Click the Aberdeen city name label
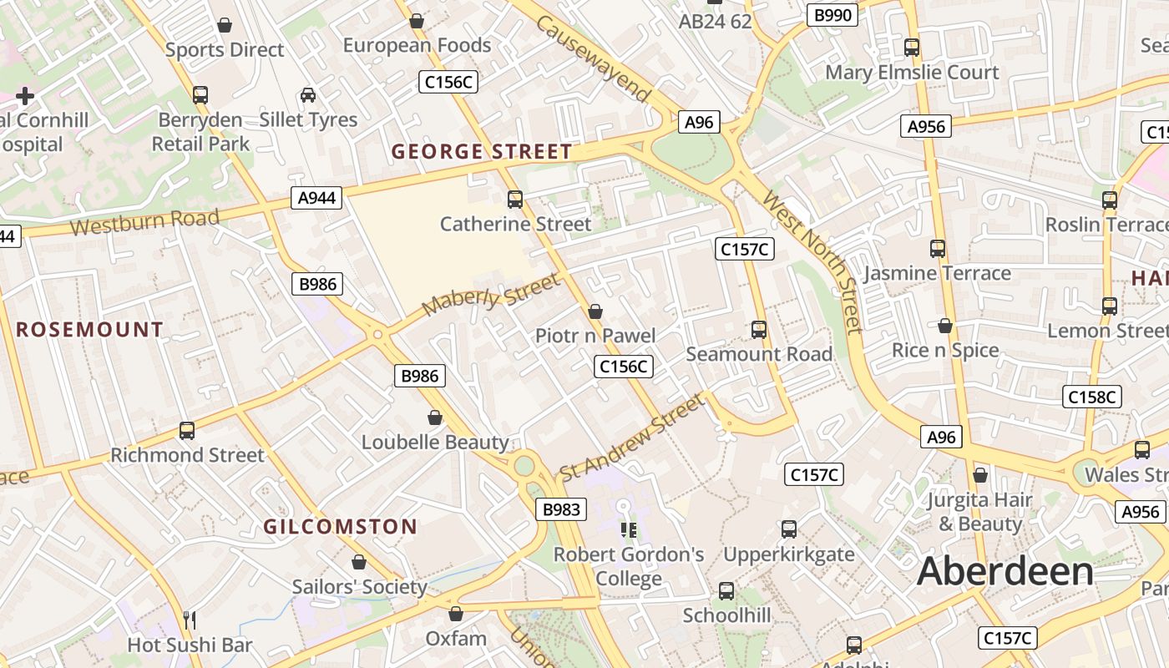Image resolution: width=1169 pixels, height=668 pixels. click(1005, 572)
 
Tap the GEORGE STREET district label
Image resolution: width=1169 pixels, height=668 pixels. click(482, 152)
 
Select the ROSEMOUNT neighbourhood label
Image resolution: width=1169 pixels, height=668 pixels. click(89, 330)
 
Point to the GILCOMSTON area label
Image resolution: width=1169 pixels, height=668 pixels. click(340, 527)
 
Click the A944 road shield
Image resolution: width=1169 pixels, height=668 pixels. click(317, 198)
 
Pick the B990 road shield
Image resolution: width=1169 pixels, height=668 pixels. click(832, 15)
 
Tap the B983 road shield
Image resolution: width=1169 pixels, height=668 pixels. click(560, 509)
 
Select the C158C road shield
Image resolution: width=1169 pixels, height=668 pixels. click(1091, 397)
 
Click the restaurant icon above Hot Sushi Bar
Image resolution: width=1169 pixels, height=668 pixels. click(190, 620)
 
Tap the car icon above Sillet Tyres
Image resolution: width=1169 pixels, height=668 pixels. click(308, 95)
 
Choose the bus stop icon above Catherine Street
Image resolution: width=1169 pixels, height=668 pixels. click(515, 200)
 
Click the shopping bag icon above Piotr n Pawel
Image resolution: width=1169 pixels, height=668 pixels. click(595, 311)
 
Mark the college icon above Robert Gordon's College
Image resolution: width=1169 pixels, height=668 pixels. click(628, 529)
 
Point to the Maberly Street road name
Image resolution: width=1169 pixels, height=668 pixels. click(490, 295)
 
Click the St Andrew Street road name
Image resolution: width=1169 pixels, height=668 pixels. click(632, 438)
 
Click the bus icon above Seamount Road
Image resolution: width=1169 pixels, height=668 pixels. click(759, 330)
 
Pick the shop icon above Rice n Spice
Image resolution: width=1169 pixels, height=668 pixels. click(945, 326)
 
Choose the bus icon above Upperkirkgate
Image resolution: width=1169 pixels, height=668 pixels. click(789, 529)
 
